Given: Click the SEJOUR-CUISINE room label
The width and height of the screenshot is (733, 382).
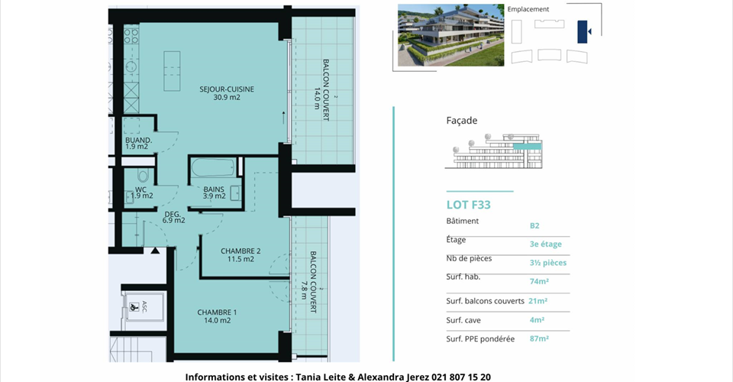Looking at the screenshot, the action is (x=227, y=89).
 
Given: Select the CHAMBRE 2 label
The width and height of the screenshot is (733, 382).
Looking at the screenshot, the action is (x=241, y=251).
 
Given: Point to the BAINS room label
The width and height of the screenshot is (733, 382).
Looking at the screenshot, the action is (x=214, y=189).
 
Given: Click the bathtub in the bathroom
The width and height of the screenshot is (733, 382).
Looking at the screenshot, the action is (x=213, y=167).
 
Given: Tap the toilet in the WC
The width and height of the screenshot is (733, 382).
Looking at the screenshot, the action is (x=143, y=175).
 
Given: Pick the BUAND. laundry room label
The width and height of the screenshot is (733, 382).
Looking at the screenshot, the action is (x=138, y=141).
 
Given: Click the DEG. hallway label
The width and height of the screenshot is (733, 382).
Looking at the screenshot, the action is (x=173, y=214).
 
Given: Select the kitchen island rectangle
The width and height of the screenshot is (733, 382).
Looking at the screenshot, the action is (x=172, y=71).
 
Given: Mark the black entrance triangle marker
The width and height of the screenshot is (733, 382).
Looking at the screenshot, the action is (x=155, y=251).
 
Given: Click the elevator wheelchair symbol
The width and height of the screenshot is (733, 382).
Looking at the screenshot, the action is (x=134, y=307).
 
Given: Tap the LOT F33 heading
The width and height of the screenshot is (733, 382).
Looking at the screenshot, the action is (x=468, y=205).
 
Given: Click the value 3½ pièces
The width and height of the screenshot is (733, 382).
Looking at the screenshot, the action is (x=548, y=263).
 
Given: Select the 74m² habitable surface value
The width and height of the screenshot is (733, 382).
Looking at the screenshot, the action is (x=539, y=281).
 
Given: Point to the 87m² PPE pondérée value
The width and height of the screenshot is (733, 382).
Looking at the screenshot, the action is (x=539, y=338).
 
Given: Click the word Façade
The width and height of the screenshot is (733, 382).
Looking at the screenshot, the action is (x=462, y=121).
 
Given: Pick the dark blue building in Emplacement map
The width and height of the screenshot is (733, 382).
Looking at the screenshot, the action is (x=582, y=32).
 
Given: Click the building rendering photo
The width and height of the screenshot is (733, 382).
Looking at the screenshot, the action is (x=450, y=35).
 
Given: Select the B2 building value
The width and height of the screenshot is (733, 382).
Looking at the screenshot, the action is (x=534, y=226).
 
